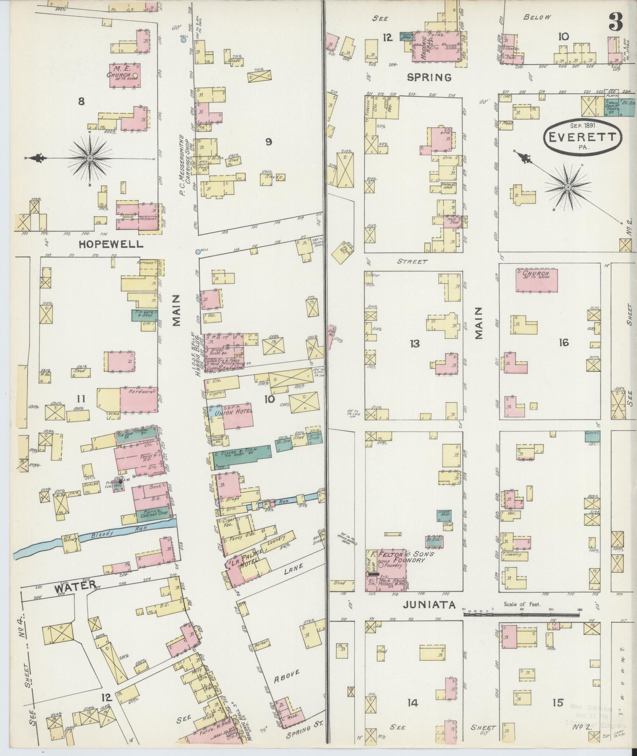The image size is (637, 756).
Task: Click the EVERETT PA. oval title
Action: (x=579, y=137)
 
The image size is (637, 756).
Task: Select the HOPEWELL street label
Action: (x=111, y=244)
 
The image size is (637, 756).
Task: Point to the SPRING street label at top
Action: (x=429, y=77)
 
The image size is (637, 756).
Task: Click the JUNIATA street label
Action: (x=429, y=605)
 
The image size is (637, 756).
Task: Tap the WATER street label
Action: (x=75, y=586)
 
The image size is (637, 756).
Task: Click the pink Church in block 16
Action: (x=537, y=280)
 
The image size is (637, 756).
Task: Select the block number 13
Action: (x=414, y=344)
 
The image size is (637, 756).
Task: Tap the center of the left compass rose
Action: (x=90, y=158)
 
